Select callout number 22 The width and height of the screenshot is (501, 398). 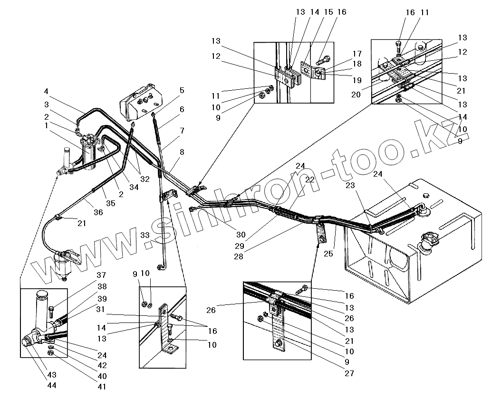[310, 180]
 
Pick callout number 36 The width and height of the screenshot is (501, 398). [98, 213]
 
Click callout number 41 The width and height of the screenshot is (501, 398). [102, 387]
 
